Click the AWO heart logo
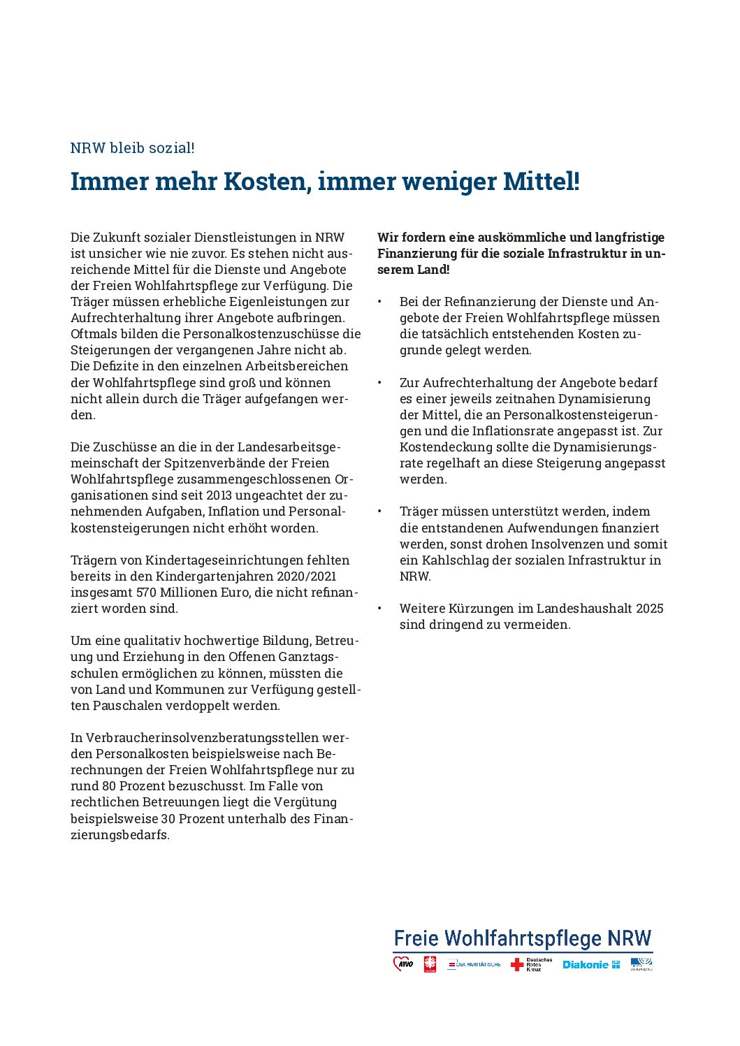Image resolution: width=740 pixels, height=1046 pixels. tap(403, 964)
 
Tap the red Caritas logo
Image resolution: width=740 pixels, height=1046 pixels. tap(430, 964)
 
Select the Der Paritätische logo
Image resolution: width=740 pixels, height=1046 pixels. tap(474, 964)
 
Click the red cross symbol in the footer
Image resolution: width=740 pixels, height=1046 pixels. tap(517, 965)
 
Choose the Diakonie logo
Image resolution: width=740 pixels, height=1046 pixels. tap(591, 964)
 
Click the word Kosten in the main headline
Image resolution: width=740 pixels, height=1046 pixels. tap(265, 182)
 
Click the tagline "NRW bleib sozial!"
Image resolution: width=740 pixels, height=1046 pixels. tap(132, 148)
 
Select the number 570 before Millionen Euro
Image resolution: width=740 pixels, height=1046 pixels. tap(147, 593)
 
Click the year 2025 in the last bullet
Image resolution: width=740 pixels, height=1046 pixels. tap(649, 609)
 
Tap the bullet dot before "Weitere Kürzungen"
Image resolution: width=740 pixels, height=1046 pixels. tap(379, 609)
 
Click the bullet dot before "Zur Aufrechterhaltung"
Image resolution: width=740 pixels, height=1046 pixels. tap(379, 383)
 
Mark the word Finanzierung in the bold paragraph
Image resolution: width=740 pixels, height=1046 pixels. tap(416, 254)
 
